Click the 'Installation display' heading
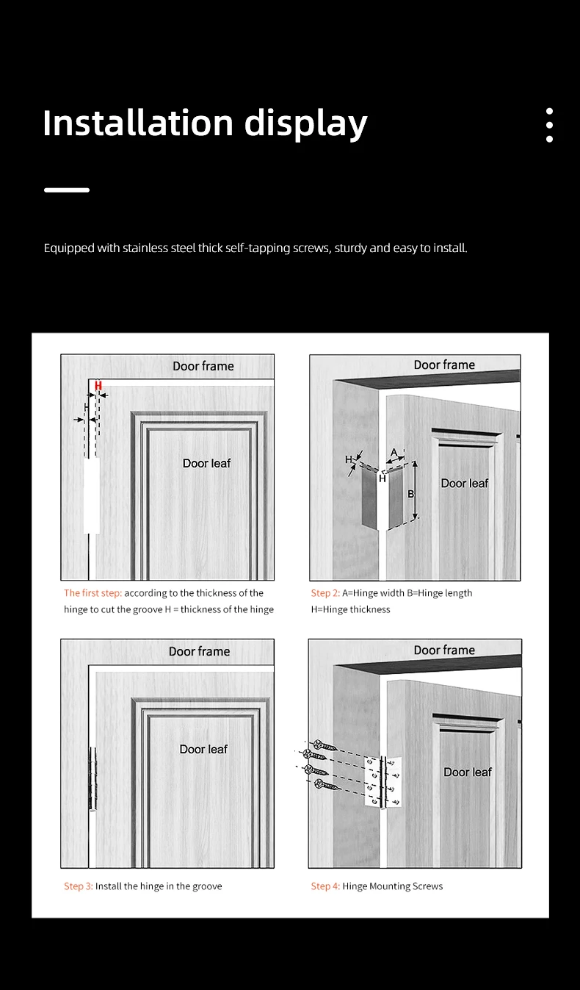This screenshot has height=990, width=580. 205,123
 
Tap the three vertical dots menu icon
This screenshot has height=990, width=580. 549,125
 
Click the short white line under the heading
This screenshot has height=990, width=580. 67,190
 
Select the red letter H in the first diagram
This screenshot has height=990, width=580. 98,386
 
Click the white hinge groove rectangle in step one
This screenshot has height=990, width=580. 92,495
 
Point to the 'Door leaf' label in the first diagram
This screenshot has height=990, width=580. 206,463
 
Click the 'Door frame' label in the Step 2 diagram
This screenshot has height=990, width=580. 444,365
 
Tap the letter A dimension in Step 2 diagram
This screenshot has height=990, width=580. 394,453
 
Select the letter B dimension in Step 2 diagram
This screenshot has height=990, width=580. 410,494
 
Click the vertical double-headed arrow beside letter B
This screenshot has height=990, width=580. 416,490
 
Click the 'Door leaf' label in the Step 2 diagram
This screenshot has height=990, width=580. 465,483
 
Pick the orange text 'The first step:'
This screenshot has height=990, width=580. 93,593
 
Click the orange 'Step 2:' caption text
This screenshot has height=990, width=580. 325,593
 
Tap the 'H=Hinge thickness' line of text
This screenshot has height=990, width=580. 350,609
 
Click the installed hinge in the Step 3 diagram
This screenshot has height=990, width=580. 93,778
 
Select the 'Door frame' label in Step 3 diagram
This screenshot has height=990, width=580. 199,651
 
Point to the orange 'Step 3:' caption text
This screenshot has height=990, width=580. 79,886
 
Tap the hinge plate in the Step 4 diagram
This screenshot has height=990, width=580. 383,781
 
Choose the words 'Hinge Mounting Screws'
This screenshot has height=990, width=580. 393,886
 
